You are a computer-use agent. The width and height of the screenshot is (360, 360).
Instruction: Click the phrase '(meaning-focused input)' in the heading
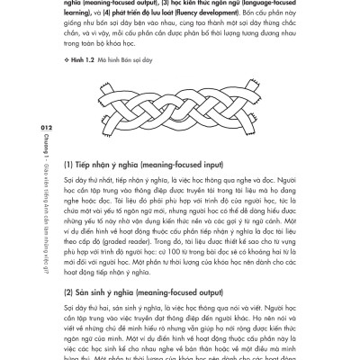(x=172, y=165)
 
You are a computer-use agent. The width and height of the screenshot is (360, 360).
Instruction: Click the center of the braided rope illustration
(x=182, y=109)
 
